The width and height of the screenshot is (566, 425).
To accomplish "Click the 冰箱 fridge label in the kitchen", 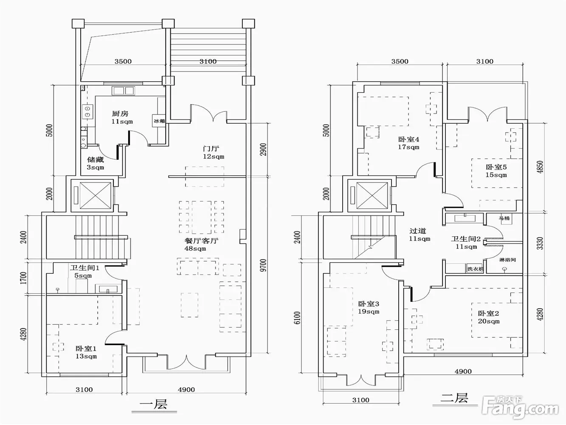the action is point(159,121).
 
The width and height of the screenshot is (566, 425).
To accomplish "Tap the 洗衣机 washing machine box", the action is point(475,269).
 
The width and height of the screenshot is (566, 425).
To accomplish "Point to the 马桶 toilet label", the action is point(504,218).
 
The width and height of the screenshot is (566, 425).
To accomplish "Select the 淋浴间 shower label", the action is point(507,260).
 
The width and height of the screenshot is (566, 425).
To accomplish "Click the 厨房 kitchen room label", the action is point(120,113).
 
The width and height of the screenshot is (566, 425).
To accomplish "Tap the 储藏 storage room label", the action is point(96,159).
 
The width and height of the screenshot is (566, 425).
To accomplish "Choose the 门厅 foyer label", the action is point(211,149).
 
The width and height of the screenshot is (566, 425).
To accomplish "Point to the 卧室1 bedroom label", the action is point(86,348).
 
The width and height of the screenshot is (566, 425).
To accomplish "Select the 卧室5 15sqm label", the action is point(496,171).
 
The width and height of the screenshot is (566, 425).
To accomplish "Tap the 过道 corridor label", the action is point(418,231).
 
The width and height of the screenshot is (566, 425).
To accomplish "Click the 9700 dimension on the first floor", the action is point(263,265).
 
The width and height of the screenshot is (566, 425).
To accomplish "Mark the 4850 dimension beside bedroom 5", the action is point(540,167).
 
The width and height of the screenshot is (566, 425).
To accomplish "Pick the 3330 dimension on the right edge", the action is point(540,244).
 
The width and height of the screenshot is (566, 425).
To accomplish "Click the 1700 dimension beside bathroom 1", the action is point(23,278).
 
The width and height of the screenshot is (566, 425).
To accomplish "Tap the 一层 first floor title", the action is point(154,404).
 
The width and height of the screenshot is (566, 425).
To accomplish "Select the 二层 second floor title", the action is point(454,398).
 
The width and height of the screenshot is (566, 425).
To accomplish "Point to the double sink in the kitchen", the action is point(123,91).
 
